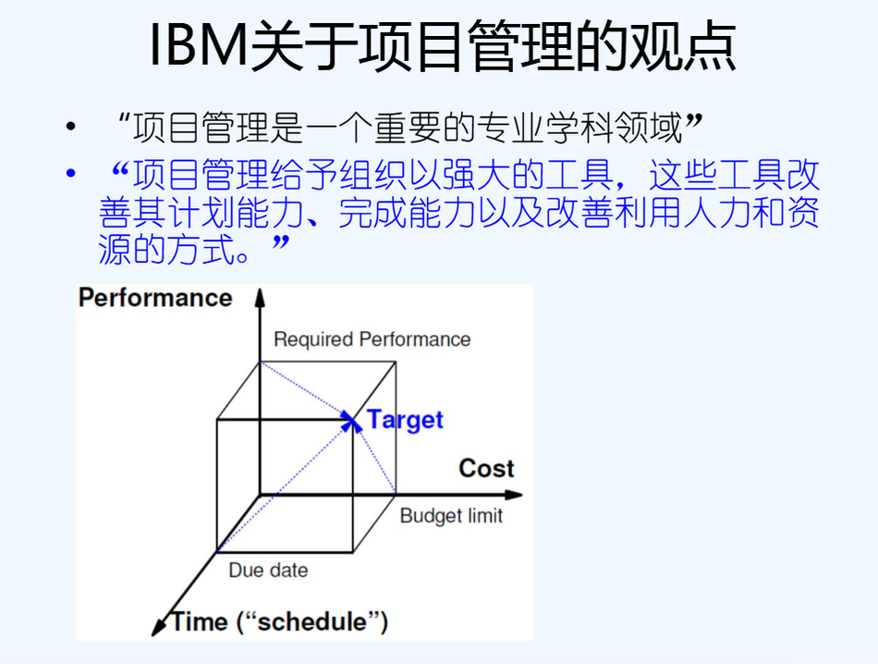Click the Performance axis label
pos(155,298)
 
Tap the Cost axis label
pos(486,469)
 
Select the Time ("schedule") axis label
pos(279,622)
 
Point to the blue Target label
pos(405,420)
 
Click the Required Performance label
pos(372,339)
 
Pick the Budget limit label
pos(451,515)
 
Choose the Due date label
pos(268,570)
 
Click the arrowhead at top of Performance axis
pos(260,297)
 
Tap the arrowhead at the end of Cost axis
pos(514,495)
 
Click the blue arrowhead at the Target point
pos(350,421)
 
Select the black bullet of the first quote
pos(70,126)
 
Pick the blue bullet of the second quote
pos(70,173)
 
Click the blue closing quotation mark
pos(281,242)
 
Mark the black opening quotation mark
pos(123,119)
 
